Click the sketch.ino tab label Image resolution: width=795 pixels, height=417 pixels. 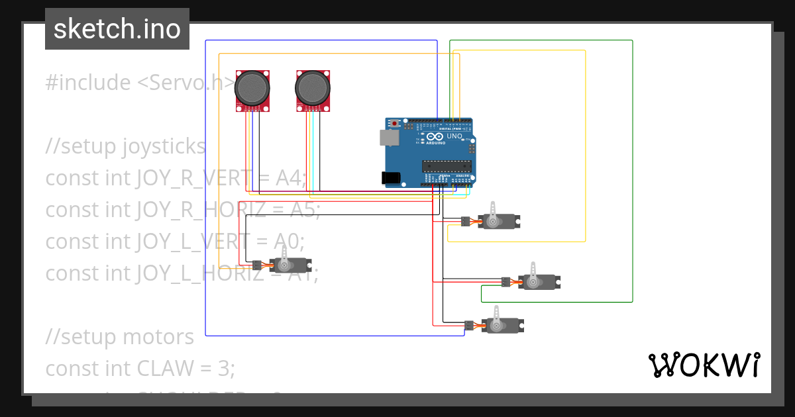pos(117,29)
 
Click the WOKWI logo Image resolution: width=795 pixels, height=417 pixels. pos(704,365)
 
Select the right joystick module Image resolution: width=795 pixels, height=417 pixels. pos(313,89)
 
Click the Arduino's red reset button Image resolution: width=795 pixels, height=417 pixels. pos(396,123)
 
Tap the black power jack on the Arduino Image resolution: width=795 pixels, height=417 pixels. pos(392,177)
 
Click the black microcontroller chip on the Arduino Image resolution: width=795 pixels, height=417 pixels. pos(447,166)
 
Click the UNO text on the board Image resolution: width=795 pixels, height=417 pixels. pos(454,136)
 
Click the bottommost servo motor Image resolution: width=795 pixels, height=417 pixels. pos(503,324)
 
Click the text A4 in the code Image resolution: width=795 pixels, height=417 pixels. pos(290,178)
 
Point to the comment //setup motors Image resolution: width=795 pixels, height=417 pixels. pos(119,337)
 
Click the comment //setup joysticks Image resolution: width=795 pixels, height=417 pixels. pos(125,146)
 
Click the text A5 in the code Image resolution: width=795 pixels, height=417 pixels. pos(304,210)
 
